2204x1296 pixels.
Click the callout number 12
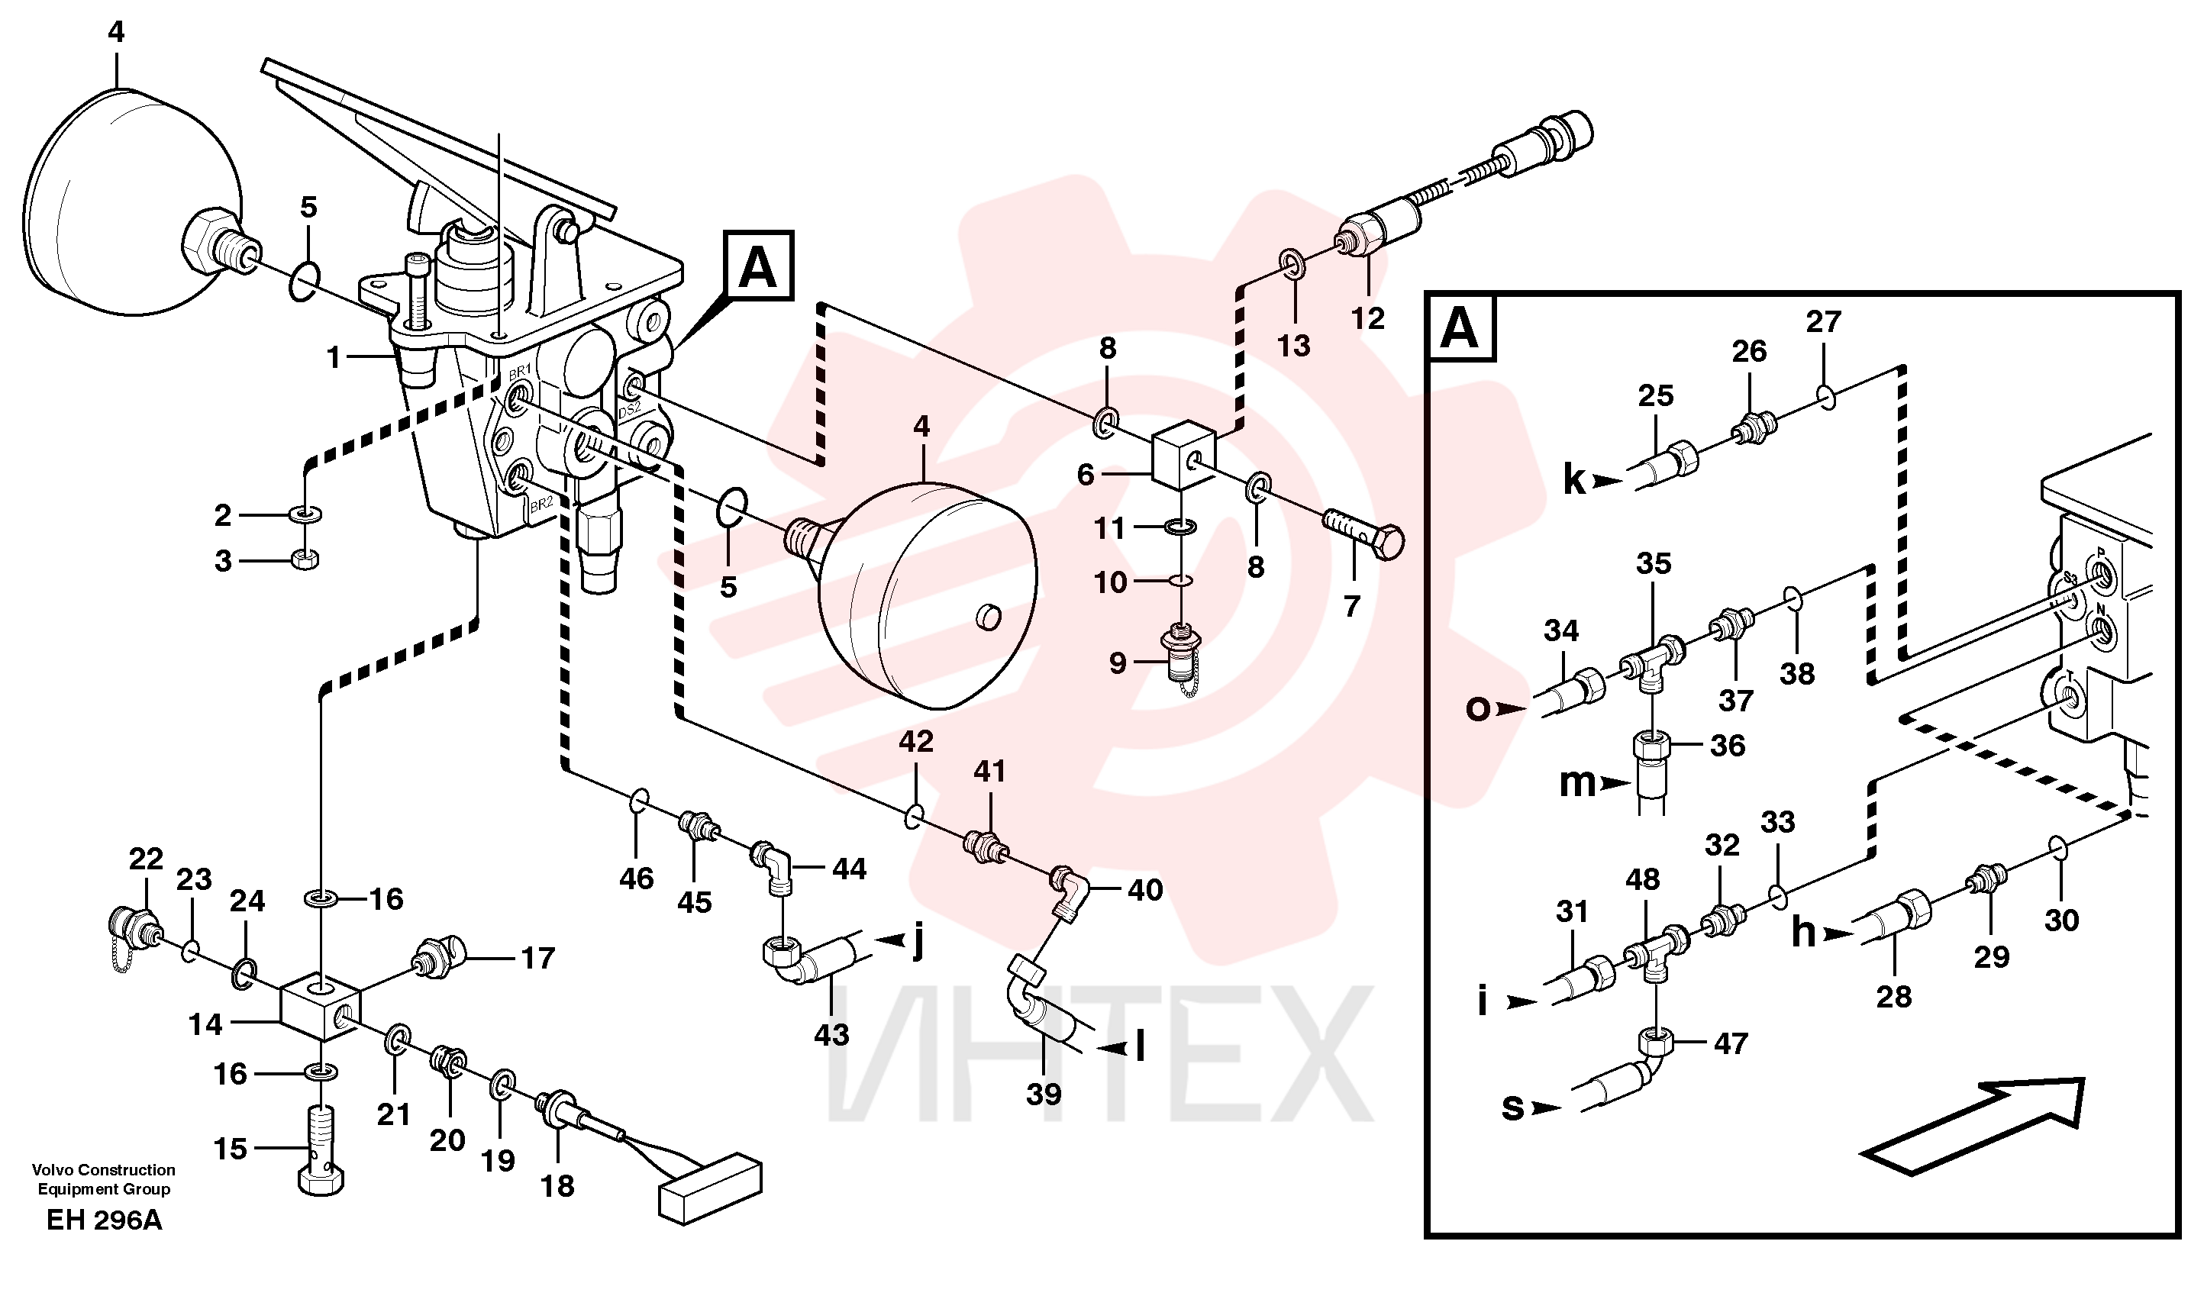coord(1368,318)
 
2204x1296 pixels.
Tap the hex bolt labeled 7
coord(1365,535)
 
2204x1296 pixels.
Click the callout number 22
coord(146,859)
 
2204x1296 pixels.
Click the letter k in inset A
coord(1574,479)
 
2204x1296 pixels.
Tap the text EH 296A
coord(104,1220)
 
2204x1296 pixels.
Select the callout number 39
coord(1044,1094)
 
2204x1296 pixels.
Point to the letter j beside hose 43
coord(918,943)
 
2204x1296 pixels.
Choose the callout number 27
coord(1824,322)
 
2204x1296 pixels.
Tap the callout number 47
coord(1731,1043)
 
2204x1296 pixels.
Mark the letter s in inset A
coord(1513,1107)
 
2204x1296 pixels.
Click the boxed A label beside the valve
coord(758,266)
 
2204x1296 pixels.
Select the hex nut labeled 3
coord(305,559)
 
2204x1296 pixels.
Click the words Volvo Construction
coord(104,1170)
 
